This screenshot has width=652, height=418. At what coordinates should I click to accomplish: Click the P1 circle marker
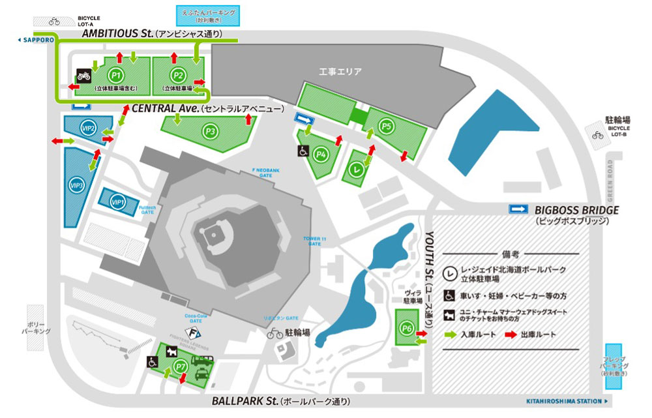(116, 75)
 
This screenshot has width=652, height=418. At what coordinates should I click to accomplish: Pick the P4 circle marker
(319, 155)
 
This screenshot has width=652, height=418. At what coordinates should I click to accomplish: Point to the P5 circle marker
(386, 126)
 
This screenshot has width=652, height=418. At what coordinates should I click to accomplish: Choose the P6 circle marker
(407, 328)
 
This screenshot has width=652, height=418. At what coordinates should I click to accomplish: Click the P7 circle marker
(181, 368)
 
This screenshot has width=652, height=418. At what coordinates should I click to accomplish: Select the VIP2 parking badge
(87, 128)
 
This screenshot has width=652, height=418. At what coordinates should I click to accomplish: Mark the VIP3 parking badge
(77, 186)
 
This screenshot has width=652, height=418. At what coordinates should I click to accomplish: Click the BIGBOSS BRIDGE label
(576, 210)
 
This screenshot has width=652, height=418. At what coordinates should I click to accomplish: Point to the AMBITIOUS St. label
(117, 33)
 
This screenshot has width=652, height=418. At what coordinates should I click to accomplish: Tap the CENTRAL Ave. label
(166, 108)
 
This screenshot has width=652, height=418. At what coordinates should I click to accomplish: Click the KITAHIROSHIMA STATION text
(564, 401)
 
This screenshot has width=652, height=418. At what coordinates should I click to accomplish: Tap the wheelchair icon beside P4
(303, 151)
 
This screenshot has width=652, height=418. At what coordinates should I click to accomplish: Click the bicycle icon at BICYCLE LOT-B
(597, 135)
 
